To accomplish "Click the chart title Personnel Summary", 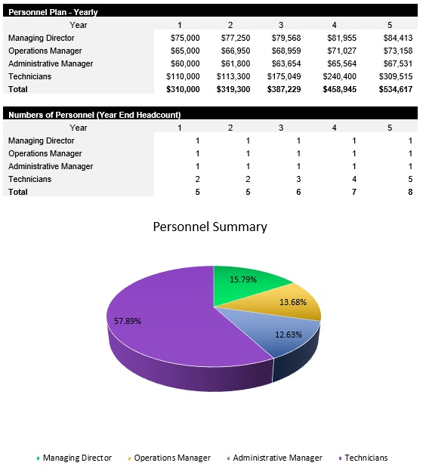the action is [x=210, y=227].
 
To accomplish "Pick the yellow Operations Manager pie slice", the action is [x=295, y=306].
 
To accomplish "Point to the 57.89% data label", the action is [x=128, y=321].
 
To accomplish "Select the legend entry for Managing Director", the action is [x=76, y=458].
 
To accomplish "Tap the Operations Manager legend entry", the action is [x=171, y=458].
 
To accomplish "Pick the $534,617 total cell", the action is [x=397, y=88].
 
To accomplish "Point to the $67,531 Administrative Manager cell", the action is [x=397, y=63].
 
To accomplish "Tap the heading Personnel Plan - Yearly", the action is [x=53, y=12].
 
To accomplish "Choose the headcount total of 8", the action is [x=410, y=192].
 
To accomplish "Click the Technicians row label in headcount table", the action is [x=29, y=179].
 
